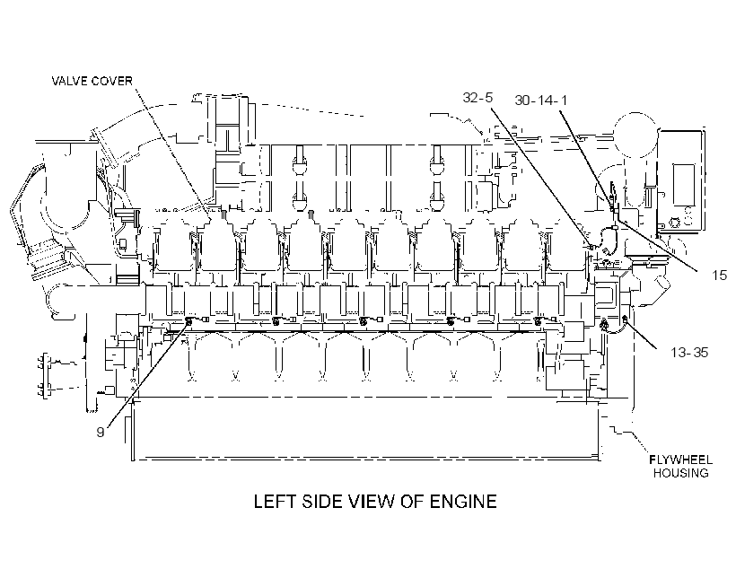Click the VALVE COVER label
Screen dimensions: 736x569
pos(92,81)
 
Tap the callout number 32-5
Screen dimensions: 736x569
pos(478,97)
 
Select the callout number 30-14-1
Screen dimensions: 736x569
pos(541,100)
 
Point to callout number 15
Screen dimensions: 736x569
pos(720,276)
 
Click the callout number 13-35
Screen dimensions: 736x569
pos(689,352)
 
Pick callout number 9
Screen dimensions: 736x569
pos(100,432)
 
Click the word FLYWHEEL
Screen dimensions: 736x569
pos(680,460)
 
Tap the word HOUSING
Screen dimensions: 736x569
pos(681,473)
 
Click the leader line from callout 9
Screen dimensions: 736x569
pos(147,373)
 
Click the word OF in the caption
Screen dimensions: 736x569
pos(413,502)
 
